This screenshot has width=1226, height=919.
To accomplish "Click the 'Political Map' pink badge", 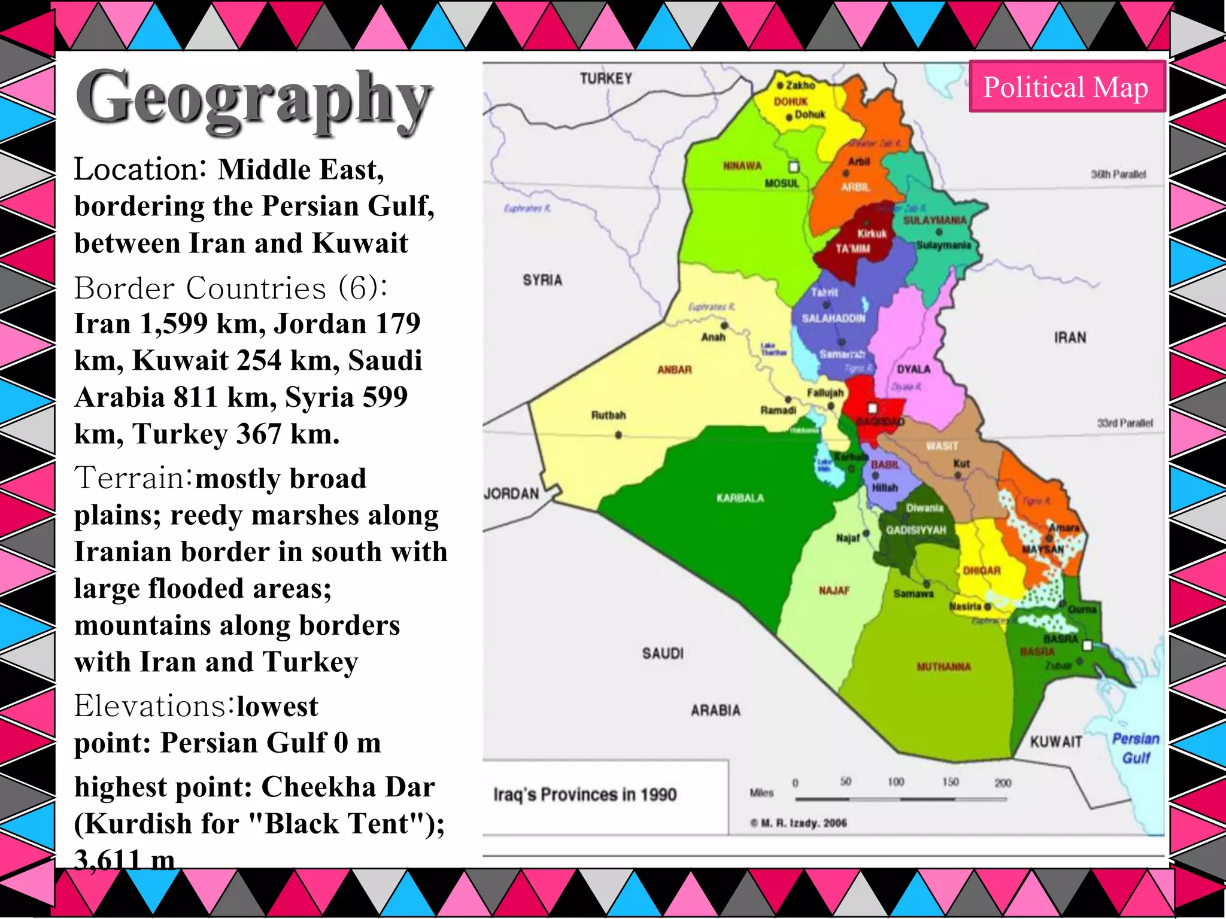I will point(1066,87).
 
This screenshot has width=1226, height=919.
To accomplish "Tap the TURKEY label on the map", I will point(606,78).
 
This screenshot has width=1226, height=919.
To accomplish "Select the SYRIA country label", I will point(542,280).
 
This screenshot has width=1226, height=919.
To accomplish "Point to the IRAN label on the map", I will point(1070,337).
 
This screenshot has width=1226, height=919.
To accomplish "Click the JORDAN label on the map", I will point(512,494).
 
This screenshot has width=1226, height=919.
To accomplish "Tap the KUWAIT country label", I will point(1056,742).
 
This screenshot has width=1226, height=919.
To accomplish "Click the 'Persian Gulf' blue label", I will point(1136,748).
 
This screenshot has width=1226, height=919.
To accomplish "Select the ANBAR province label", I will point(675,370).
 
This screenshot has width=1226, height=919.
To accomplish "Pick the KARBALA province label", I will point(740,498).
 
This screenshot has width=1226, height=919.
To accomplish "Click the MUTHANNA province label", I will point(944,667).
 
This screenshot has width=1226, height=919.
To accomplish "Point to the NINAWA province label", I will point(742,166).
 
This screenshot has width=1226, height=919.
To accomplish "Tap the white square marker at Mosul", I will point(794,167).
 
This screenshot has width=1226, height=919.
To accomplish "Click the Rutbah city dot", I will point(618,435).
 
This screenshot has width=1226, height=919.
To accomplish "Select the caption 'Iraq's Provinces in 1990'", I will point(585,795).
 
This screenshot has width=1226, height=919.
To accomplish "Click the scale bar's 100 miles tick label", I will point(896,782).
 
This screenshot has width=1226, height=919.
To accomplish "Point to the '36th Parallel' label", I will point(1118,174).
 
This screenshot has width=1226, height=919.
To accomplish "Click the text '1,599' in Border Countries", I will point(174,324).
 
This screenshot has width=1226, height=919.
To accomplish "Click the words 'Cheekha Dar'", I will point(348,787).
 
